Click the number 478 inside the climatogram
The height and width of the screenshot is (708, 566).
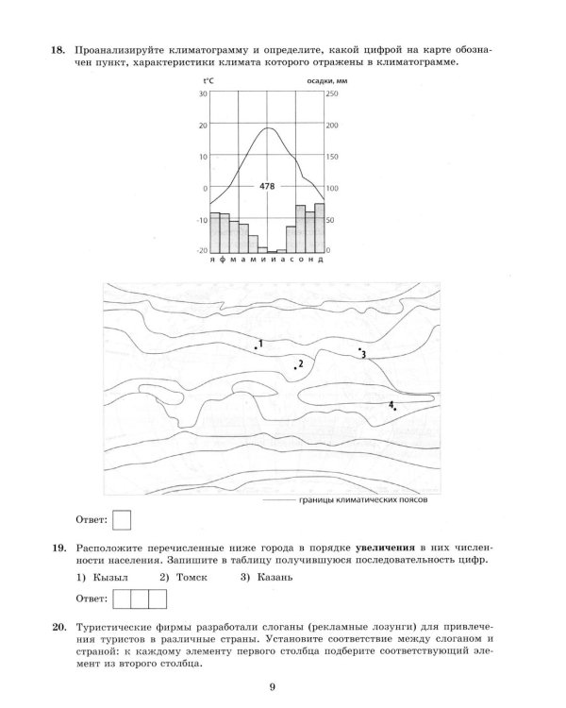(x=267, y=186)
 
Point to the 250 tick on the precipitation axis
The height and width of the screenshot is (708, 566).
(x=332, y=93)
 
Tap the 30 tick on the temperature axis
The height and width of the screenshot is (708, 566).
(x=203, y=93)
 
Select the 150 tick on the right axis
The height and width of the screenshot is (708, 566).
(x=332, y=157)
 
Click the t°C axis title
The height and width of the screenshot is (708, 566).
(x=208, y=81)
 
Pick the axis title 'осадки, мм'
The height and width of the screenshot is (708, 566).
(x=327, y=81)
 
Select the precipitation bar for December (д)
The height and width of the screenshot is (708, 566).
(x=320, y=228)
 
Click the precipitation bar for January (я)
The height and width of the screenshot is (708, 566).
(x=215, y=232)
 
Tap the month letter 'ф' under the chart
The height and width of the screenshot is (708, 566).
(x=222, y=261)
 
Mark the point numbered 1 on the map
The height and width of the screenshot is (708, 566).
(x=256, y=347)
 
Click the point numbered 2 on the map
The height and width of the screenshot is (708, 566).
(x=295, y=368)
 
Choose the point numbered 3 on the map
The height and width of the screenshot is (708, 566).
(x=359, y=349)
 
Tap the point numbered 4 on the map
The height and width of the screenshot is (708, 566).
(x=395, y=409)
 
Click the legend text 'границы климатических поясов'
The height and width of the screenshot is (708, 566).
(x=363, y=500)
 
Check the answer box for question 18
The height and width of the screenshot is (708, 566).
(x=122, y=520)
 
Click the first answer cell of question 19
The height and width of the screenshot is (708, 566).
(x=122, y=599)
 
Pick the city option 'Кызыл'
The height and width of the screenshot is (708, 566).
(x=110, y=577)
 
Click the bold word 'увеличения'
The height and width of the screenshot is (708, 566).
(x=385, y=548)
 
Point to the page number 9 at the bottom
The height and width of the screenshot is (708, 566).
(x=273, y=687)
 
